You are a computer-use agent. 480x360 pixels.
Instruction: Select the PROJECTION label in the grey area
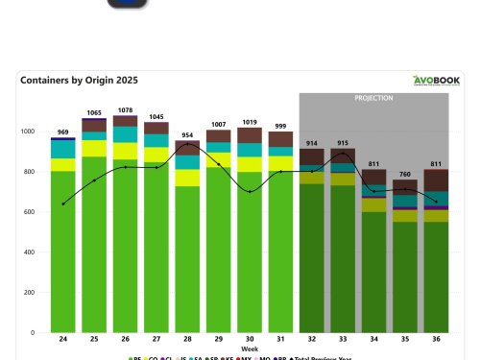coord(373,98)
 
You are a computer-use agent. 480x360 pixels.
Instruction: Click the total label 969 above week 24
coord(62,132)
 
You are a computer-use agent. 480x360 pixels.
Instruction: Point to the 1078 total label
coord(125,110)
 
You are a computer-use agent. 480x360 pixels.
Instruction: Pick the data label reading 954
coord(187,134)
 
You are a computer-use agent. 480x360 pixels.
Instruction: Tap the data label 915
coord(343,143)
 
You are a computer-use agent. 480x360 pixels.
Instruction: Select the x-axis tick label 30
coord(250,340)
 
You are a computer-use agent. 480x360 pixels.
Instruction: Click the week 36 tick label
coord(436,340)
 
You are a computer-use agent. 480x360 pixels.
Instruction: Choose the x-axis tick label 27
coord(156,340)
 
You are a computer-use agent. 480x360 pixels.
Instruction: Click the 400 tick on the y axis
coord(28,252)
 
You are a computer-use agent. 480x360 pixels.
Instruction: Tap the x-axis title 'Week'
coord(250,348)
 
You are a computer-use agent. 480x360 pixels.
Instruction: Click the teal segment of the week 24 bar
coord(62,149)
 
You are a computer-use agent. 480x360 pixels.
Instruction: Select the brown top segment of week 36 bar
coord(436,180)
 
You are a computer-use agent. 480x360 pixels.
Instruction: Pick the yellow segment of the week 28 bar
coord(187,178)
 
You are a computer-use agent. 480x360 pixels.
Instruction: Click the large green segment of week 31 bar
coord(280,250)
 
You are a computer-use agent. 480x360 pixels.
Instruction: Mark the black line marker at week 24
coord(62,204)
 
